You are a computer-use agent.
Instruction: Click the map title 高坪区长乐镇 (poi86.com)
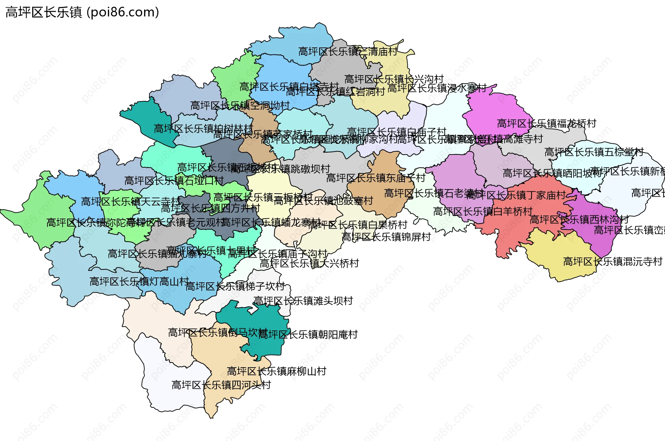tap(82, 12)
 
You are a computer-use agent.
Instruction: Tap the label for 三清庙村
tap(348, 52)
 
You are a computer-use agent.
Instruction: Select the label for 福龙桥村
tap(547, 124)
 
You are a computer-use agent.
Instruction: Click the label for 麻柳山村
tap(276, 371)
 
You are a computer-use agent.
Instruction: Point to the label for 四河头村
tap(221, 385)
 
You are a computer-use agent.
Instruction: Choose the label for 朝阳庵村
tap(308, 335)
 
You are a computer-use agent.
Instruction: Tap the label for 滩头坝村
tap(303, 301)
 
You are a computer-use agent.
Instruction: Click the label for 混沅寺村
tap(612, 262)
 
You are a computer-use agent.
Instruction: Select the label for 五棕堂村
tap(594, 152)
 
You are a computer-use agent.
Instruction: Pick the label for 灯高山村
tap(139, 282)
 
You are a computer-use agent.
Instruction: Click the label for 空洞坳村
tap(240, 106)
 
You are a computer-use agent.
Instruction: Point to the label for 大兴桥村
tap(309, 264)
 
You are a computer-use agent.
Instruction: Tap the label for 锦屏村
tap(386, 237)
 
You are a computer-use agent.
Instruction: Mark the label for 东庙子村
tap(375, 178)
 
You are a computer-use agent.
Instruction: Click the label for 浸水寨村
tap(437, 88)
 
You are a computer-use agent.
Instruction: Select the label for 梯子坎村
tap(235, 286)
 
